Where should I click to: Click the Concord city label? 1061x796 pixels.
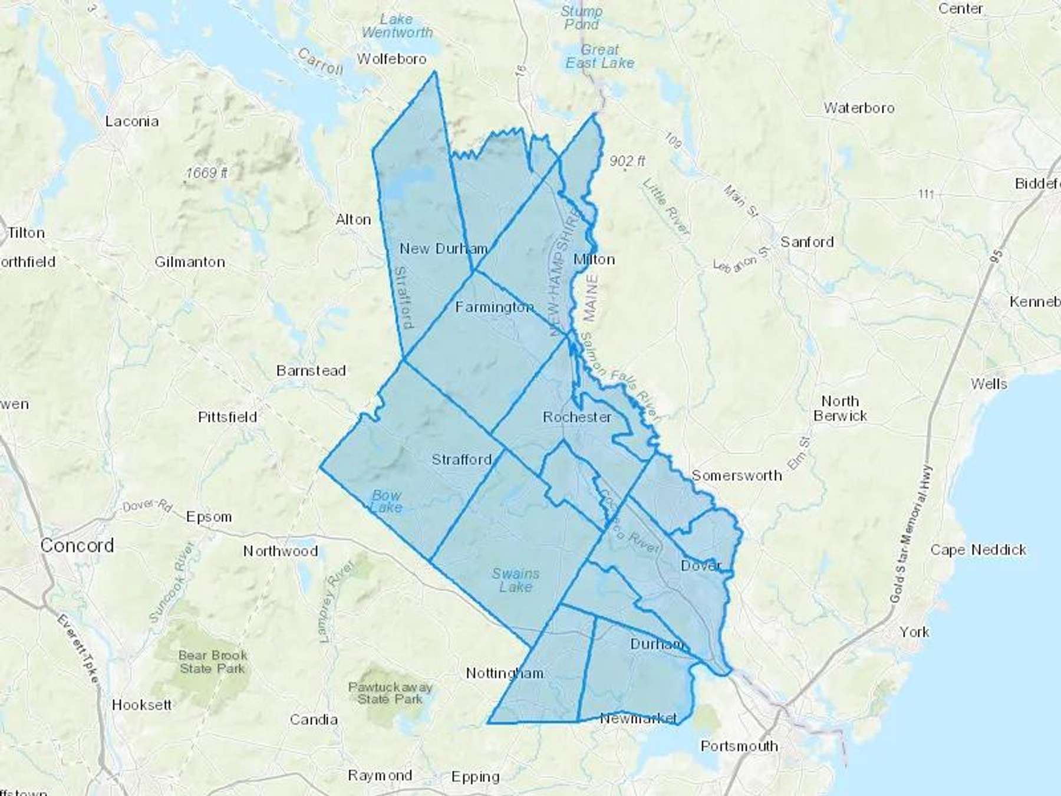click(x=77, y=545)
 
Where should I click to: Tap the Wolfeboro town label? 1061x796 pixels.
click(x=391, y=59)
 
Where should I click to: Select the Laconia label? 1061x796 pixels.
click(x=132, y=121)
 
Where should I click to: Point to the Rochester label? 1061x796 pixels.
click(x=577, y=417)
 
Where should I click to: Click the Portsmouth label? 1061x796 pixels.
click(x=739, y=746)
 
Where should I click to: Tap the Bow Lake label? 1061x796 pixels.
click(x=387, y=501)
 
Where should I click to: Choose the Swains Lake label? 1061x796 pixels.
click(x=516, y=580)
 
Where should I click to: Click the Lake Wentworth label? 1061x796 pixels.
click(x=397, y=26)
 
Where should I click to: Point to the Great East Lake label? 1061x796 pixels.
click(x=600, y=56)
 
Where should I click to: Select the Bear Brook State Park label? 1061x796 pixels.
click(x=213, y=662)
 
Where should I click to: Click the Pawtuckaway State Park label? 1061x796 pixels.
click(x=390, y=693)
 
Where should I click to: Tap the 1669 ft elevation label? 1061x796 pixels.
click(x=207, y=173)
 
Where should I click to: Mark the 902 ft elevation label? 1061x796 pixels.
click(x=627, y=161)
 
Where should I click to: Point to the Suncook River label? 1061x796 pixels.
click(x=172, y=581)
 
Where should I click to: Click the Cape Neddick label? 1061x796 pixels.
click(x=978, y=550)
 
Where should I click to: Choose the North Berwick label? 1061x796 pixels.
click(x=840, y=409)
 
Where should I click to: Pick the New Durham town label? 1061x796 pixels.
click(x=443, y=249)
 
